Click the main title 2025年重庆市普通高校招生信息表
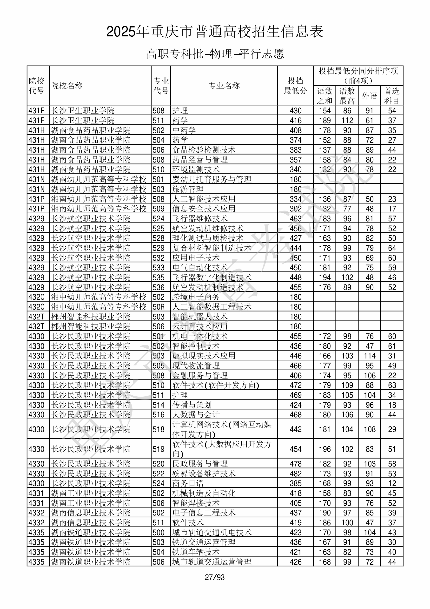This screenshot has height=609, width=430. coord(215,32)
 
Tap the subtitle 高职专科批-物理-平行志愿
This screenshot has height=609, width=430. coord(215,54)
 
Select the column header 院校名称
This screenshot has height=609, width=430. coord(67,86)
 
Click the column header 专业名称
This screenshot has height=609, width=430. coord(224,86)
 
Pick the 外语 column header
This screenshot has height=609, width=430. coord(369,95)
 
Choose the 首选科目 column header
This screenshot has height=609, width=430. coord(392,95)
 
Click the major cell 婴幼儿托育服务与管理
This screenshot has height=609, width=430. coord(212,179)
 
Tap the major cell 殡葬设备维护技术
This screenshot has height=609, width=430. coord(204,474)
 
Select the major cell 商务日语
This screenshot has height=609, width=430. coord(188,483)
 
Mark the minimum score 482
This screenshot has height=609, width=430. coord(295,474)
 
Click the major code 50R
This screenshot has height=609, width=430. coord(159,307)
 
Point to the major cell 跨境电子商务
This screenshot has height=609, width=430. coord(196,297)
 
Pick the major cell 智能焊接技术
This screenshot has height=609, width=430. coord(196,503)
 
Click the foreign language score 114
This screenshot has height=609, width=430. coord(369,356)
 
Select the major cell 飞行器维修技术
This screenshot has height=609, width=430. coord(200,219)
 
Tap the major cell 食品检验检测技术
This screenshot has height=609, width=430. coord(204,150)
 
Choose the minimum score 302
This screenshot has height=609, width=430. coord(295,209)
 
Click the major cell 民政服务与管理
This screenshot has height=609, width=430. coord(200,464)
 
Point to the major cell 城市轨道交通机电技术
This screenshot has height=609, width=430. coord(212,532)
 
